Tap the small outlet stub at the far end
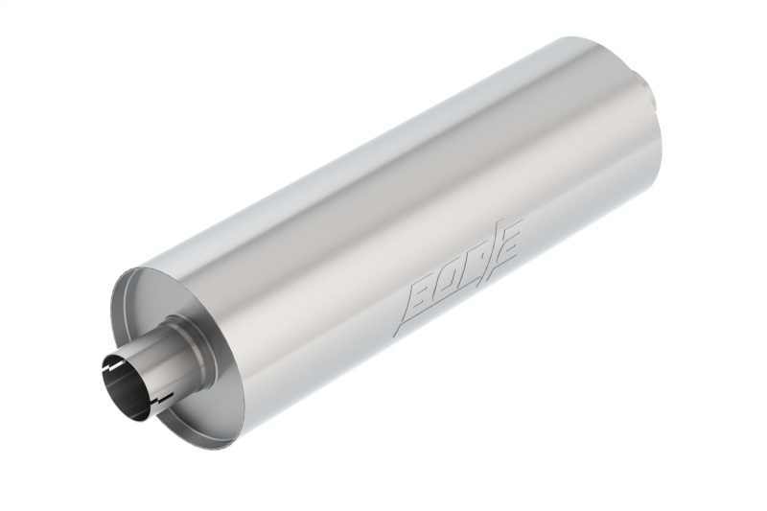pyautogui.click(x=651, y=96)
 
